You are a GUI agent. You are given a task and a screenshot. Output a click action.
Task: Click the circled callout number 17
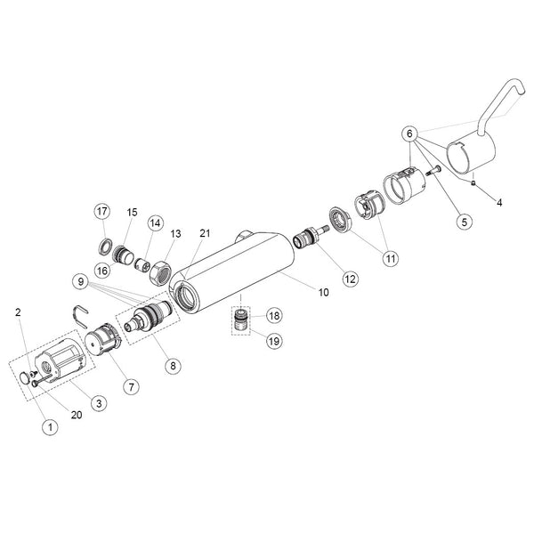click(101, 212)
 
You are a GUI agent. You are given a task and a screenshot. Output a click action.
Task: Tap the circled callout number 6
click(409, 133)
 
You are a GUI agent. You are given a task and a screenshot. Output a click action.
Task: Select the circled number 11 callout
click(391, 258)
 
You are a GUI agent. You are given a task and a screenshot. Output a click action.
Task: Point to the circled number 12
click(350, 279)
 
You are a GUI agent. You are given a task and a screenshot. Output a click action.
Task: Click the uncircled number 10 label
click(324, 292)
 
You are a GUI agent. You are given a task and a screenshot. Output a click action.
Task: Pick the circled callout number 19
click(274, 341)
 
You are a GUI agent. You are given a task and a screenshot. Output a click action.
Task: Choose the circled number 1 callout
click(51, 426)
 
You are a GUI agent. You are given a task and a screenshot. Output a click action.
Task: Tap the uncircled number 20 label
click(77, 415)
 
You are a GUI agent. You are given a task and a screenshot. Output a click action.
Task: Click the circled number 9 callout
click(81, 281)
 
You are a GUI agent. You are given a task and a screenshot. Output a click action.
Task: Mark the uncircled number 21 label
click(205, 233)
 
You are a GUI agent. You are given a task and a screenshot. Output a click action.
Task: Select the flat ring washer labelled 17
click(105, 247)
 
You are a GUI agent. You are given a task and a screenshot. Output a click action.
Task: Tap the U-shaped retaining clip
click(81, 316)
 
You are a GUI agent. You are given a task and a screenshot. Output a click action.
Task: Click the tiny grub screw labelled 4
click(473, 183)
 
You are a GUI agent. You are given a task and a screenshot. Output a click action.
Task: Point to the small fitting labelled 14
click(142, 264)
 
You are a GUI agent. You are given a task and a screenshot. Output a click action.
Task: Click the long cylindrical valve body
click(232, 271)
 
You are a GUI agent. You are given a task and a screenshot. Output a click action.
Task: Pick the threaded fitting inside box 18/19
click(241, 320)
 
